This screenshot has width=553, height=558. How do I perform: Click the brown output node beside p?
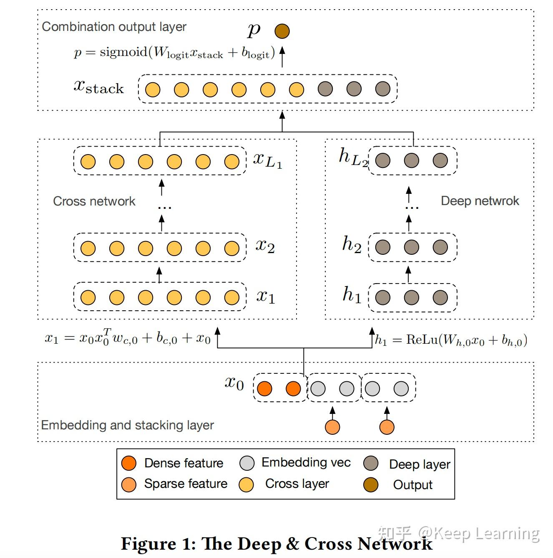[x=282, y=31]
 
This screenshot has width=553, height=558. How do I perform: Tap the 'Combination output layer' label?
[x=114, y=27]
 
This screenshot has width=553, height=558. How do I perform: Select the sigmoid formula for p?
[x=174, y=53]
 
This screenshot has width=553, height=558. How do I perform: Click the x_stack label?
[x=98, y=86]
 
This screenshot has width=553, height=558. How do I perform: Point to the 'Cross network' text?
[x=94, y=201]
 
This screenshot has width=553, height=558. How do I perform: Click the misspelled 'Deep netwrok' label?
[x=480, y=201]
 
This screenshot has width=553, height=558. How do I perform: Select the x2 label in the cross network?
[x=265, y=246]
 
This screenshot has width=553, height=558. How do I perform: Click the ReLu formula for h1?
[x=451, y=340]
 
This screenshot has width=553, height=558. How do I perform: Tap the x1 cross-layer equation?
[x=128, y=337]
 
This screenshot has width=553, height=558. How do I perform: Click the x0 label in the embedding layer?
[x=234, y=383]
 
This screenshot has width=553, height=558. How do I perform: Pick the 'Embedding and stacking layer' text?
[x=127, y=425]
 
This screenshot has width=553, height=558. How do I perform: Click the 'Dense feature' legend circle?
[x=129, y=463]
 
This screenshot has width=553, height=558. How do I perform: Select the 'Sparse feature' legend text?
[x=186, y=484]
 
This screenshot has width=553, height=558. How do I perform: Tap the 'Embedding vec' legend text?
[x=306, y=462]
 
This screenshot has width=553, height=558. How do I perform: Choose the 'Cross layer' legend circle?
[x=246, y=484]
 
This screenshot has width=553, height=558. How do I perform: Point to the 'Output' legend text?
[x=413, y=485]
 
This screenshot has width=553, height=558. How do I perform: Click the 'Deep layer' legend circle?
[x=370, y=463]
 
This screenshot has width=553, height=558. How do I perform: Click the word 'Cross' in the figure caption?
[x=328, y=544]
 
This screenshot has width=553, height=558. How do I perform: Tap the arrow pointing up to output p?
[x=282, y=57]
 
